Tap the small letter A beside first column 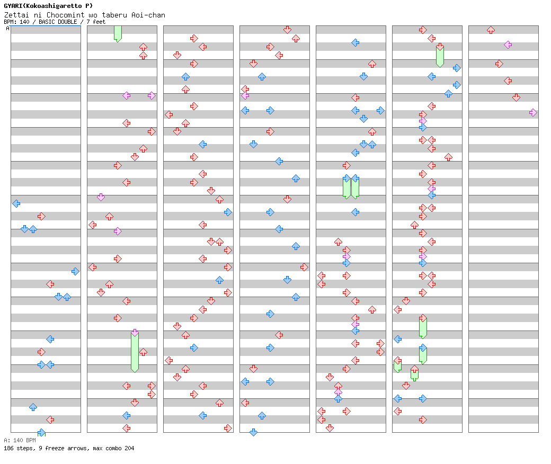[x=8, y=29]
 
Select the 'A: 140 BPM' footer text [x=20, y=440]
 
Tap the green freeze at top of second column [x=118, y=33]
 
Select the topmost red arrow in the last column [x=491, y=30]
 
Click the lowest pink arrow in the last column [x=533, y=112]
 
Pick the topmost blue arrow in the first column [x=16, y=203]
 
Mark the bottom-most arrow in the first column [x=41, y=433]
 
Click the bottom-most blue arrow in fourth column [x=253, y=432]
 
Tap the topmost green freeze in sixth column [x=440, y=56]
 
